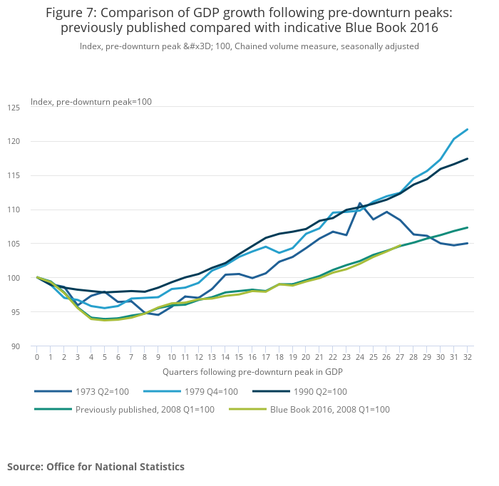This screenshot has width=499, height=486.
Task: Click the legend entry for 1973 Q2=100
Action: coord(99,391)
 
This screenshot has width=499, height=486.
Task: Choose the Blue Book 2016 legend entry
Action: coord(329,410)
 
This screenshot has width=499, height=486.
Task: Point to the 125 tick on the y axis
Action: coord(14,108)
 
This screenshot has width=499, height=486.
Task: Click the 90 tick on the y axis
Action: coord(16,346)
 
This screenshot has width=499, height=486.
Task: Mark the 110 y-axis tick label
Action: coord(14,210)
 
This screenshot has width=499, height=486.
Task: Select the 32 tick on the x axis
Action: coord(467,357)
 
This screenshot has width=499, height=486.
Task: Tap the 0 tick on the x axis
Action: coord(37,357)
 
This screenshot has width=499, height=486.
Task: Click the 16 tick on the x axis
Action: coord(252,357)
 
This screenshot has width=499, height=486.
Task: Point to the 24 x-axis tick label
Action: coord(359,357)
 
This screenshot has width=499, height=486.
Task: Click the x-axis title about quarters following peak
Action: coord(252,372)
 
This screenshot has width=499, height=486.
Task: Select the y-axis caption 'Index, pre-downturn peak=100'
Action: coord(91,102)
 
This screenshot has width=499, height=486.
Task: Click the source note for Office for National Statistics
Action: coord(96,467)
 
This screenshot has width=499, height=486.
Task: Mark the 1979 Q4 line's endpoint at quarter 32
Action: coord(467,130)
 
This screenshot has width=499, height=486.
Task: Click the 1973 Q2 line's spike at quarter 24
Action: coord(359,203)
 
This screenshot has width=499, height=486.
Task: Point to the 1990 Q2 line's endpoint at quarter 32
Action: coord(467,159)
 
